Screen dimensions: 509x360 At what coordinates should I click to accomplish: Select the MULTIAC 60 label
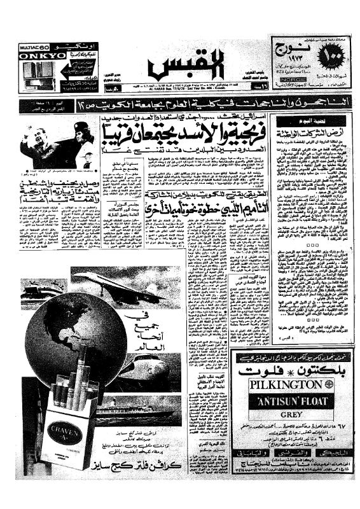[x=32, y=46]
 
